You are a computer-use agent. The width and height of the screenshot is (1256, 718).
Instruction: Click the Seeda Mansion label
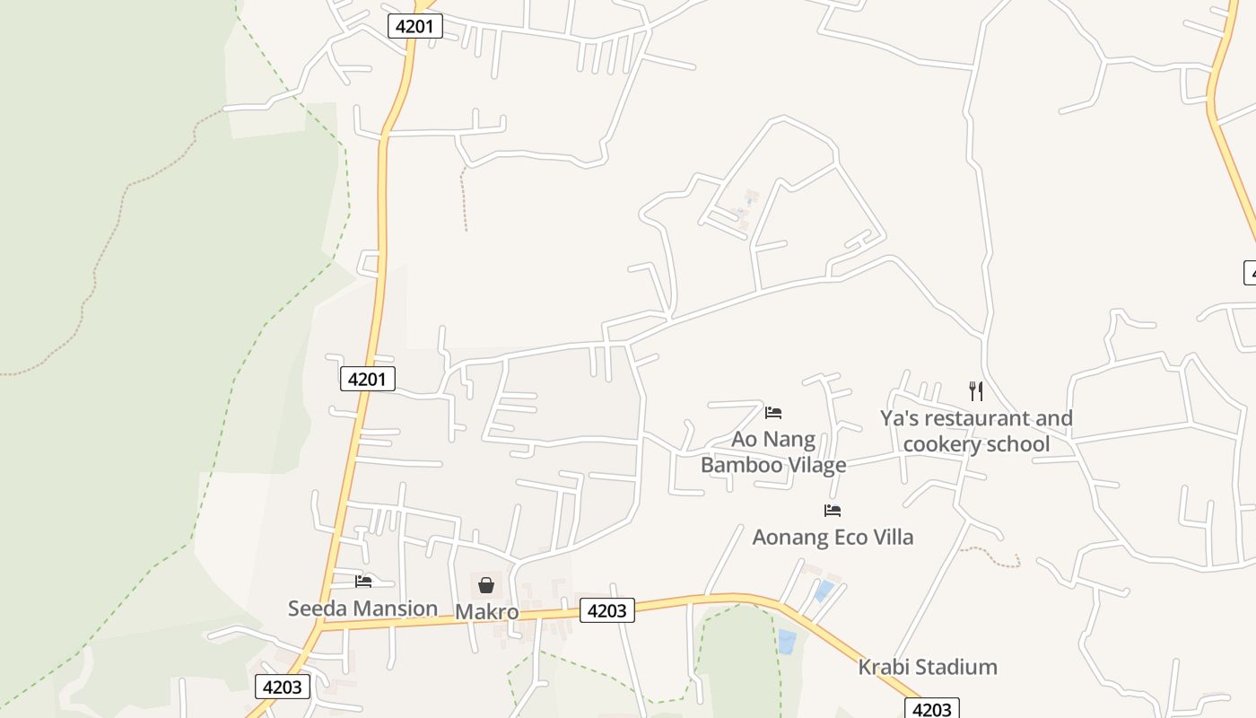362,609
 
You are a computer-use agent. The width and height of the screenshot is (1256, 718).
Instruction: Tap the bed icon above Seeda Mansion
363,582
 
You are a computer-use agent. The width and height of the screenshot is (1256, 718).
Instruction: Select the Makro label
487,612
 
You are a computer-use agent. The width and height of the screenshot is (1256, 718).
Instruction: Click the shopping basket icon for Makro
486,586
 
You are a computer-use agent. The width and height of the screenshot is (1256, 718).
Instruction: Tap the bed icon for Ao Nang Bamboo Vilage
773,413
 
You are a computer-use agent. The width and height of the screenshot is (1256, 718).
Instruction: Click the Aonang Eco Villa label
833,538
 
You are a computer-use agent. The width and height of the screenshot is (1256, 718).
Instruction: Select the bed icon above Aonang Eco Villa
833,512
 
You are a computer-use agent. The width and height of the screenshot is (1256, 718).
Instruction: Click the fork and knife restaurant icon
976,391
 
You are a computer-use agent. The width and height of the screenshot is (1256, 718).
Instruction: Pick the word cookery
941,444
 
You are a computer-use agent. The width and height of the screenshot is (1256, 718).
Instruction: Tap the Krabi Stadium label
928,668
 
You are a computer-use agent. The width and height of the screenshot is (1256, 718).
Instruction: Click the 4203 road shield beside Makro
607,610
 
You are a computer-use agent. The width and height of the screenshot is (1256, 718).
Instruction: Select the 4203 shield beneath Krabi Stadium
932,709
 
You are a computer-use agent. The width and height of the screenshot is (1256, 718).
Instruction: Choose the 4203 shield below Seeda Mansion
283,687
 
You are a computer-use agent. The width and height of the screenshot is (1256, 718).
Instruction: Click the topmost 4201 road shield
415,26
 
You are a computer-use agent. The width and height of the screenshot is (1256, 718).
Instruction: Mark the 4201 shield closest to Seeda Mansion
368,379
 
